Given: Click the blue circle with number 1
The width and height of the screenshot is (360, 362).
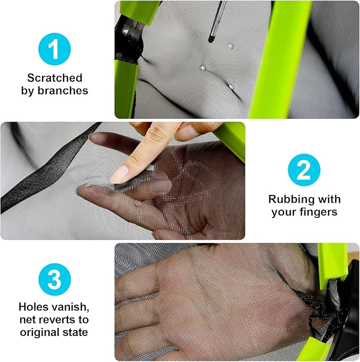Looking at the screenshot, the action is (x=55, y=49).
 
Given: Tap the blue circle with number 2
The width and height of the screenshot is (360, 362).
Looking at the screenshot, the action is (x=304, y=170).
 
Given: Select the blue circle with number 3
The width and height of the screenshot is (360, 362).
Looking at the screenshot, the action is (x=55, y=279).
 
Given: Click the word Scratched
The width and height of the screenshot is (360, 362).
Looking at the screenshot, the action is (x=55, y=78).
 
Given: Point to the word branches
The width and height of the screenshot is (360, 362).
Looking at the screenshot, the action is (x=63, y=90).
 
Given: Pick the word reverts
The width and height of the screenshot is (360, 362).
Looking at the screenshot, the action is (x=57, y=320).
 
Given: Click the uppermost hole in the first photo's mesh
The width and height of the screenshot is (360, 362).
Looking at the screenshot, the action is (x=230, y=46).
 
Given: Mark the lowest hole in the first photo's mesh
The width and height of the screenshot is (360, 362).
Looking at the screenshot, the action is (x=231, y=87).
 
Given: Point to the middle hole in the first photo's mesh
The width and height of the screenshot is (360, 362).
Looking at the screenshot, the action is (x=203, y=67).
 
